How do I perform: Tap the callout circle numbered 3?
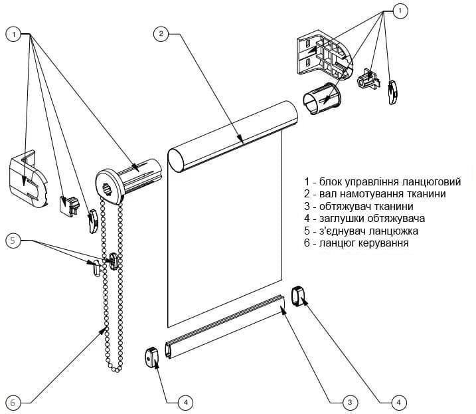pos(350,401)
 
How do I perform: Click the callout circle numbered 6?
pos(15,402)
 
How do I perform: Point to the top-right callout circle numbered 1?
pos(400,11)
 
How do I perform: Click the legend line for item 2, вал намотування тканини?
pos(374,193)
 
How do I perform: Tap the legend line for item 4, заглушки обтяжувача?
pos(364,218)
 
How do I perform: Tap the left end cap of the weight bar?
pos(152,357)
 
